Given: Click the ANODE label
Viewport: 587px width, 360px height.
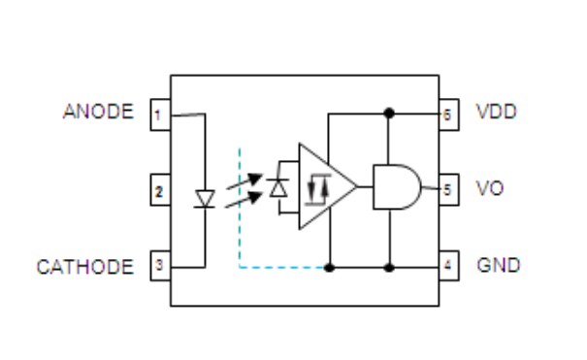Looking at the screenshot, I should (x=98, y=112).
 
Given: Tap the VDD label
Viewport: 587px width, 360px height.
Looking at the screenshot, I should (x=496, y=112).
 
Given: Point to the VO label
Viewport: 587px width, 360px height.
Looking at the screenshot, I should (x=490, y=188).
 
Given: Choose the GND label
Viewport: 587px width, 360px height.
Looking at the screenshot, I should (x=498, y=265).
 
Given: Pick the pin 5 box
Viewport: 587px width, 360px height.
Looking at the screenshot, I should (x=447, y=188).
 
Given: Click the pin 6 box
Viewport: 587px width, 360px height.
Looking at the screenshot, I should (x=447, y=114).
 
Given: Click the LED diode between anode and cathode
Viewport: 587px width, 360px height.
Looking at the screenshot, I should (x=204, y=198).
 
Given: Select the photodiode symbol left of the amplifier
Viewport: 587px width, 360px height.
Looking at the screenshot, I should (x=279, y=187).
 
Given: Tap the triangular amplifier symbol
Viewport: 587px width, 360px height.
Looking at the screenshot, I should (x=325, y=187).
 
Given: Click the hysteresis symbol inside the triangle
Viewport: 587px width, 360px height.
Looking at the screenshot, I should (x=316, y=188).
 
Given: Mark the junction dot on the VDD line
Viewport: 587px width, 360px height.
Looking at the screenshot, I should (x=389, y=113).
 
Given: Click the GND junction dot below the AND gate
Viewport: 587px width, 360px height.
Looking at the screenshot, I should (x=389, y=266).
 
